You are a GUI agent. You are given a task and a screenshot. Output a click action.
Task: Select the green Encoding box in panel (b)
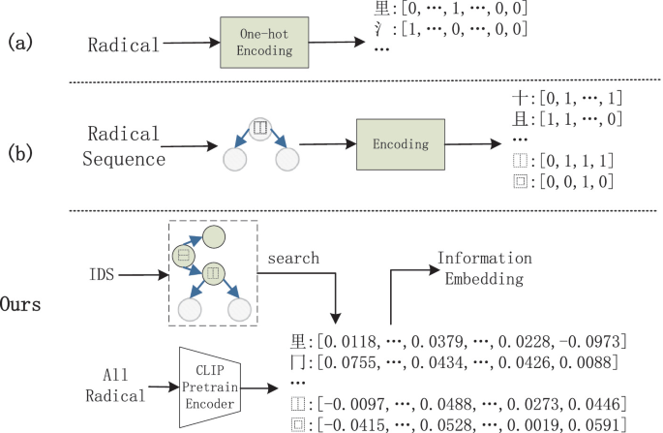pyautogui.click(x=401, y=143)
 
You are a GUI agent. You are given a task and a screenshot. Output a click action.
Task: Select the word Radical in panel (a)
pyautogui.click(x=122, y=45)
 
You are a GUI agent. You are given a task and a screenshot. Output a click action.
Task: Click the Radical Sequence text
pyautogui.click(x=124, y=145)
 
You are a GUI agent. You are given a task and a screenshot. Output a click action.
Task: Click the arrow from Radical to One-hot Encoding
pyautogui.click(x=186, y=45)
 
